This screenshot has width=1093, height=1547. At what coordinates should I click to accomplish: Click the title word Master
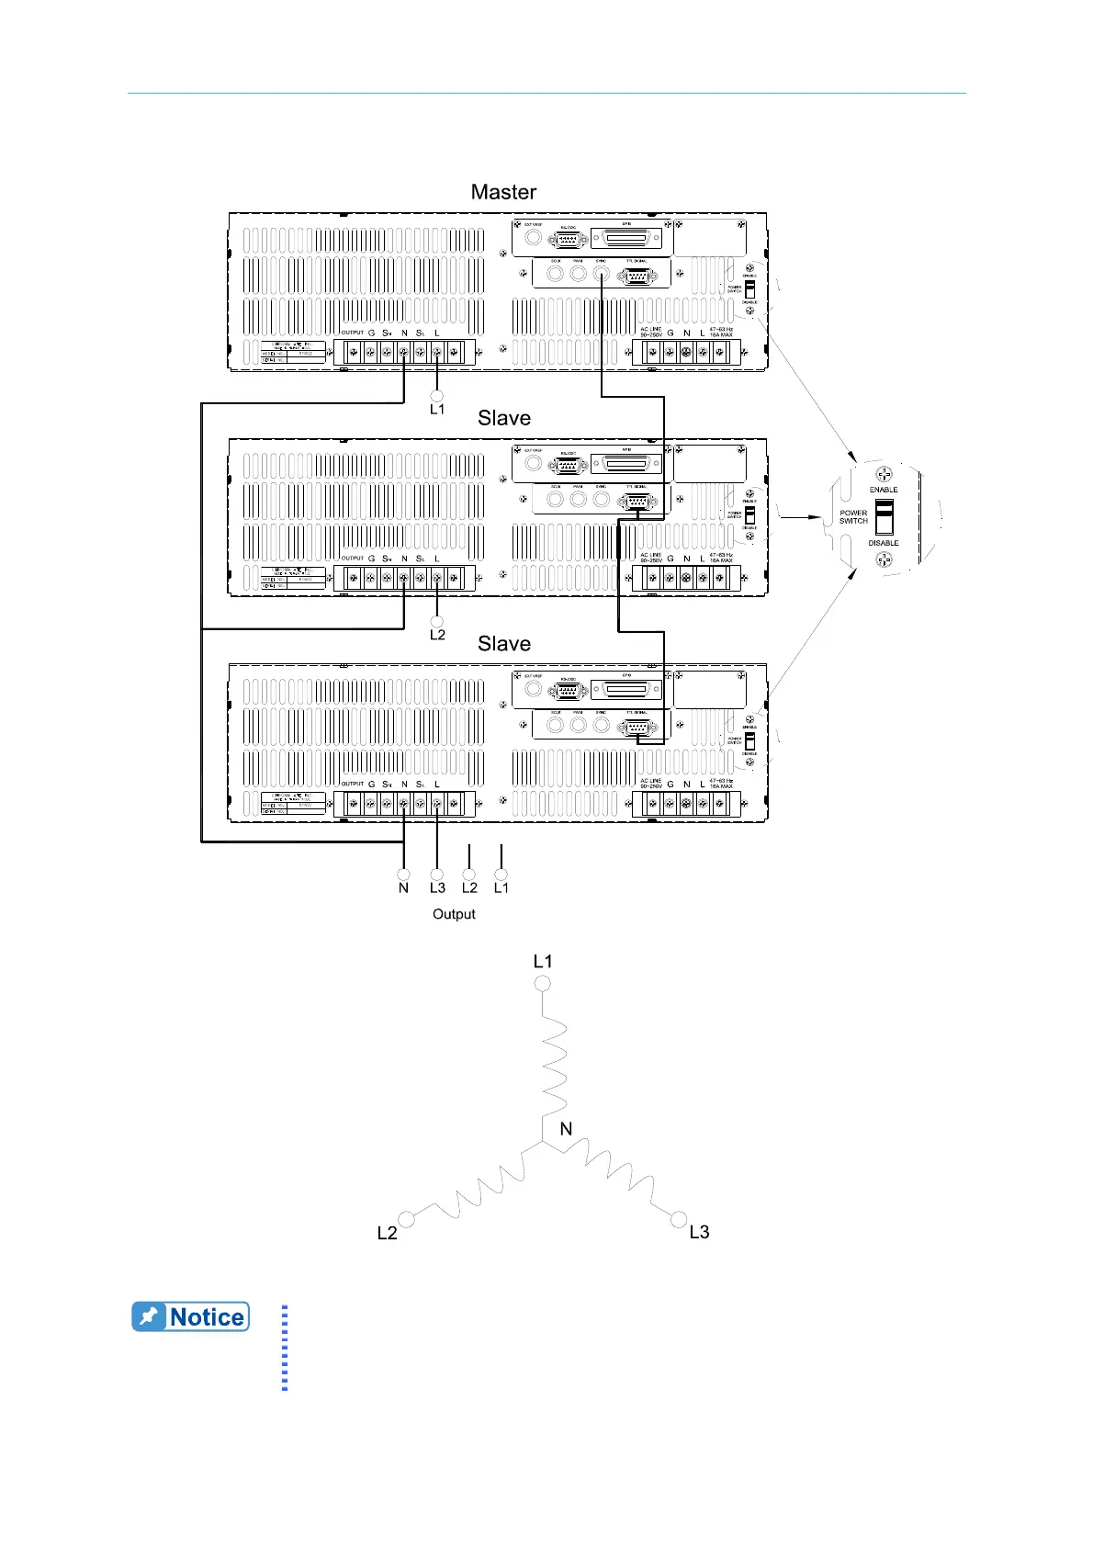(x=503, y=192)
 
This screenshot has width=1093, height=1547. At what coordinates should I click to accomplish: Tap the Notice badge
(x=191, y=1316)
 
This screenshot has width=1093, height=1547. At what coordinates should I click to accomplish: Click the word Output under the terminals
(x=454, y=914)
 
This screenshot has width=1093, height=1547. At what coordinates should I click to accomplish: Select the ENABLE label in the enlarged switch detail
(x=884, y=490)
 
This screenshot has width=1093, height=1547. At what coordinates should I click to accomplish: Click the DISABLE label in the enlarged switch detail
(x=884, y=543)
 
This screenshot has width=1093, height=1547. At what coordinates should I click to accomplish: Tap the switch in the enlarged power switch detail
(x=884, y=517)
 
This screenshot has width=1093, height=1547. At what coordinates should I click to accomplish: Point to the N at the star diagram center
(x=566, y=1129)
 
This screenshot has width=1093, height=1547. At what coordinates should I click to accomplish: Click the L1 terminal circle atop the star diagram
(x=543, y=984)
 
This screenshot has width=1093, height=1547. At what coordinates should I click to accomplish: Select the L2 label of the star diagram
(x=388, y=1233)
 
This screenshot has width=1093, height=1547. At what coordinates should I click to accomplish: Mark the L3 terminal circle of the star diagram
(x=679, y=1219)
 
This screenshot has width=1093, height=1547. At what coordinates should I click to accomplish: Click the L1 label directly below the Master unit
(x=437, y=410)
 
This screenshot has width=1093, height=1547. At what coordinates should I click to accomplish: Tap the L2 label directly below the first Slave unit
(x=437, y=635)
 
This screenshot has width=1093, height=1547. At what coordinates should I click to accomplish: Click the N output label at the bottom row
(x=403, y=888)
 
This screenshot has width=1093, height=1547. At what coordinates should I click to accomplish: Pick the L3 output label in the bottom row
(x=437, y=888)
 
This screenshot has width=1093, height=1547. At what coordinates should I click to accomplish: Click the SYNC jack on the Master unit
(x=602, y=274)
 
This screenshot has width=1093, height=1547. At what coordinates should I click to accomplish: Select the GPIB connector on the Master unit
(x=626, y=239)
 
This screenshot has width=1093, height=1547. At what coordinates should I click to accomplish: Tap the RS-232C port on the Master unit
(x=568, y=239)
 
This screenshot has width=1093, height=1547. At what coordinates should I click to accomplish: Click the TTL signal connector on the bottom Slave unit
(x=636, y=728)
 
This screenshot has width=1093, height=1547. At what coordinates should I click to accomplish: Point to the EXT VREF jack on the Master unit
(x=533, y=238)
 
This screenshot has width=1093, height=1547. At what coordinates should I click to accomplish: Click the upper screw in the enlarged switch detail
(x=884, y=474)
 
